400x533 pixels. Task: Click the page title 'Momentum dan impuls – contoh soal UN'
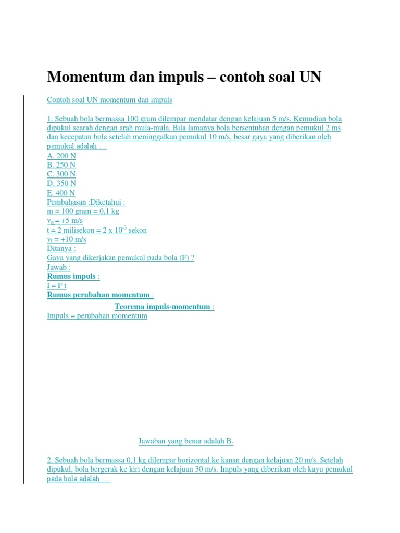tap(184, 77)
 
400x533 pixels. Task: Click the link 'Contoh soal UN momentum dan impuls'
tap(109, 99)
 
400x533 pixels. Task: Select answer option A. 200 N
tap(61, 156)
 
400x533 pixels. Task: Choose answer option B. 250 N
tap(61, 165)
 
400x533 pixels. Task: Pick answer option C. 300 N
tap(61, 174)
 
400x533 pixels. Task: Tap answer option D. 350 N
tap(61, 183)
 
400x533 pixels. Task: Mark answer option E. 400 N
tap(61, 193)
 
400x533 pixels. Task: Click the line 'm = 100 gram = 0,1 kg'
tap(83, 211)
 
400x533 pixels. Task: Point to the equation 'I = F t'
tap(57, 286)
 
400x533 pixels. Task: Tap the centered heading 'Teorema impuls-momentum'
tap(162, 307)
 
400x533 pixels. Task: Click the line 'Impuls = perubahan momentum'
tap(97, 316)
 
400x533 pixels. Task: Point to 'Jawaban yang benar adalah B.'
tap(186, 441)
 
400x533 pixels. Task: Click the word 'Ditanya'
tap(60, 249)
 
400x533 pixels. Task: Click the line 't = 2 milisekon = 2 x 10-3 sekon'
tap(97, 230)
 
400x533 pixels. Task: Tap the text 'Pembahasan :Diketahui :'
tap(86, 202)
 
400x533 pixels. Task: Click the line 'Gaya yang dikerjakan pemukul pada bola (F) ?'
tap(120, 258)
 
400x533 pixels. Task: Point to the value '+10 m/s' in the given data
tap(74, 239)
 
